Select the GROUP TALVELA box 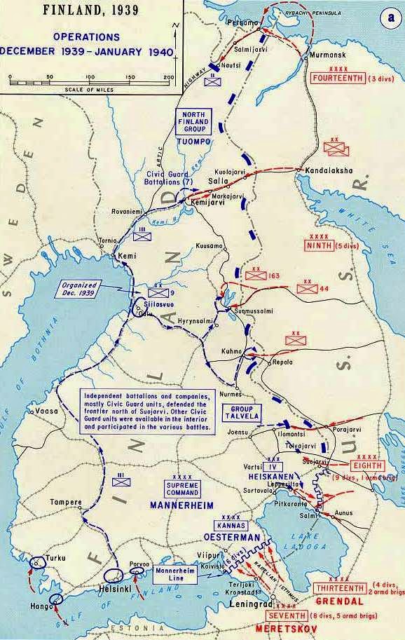tap(241, 411)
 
